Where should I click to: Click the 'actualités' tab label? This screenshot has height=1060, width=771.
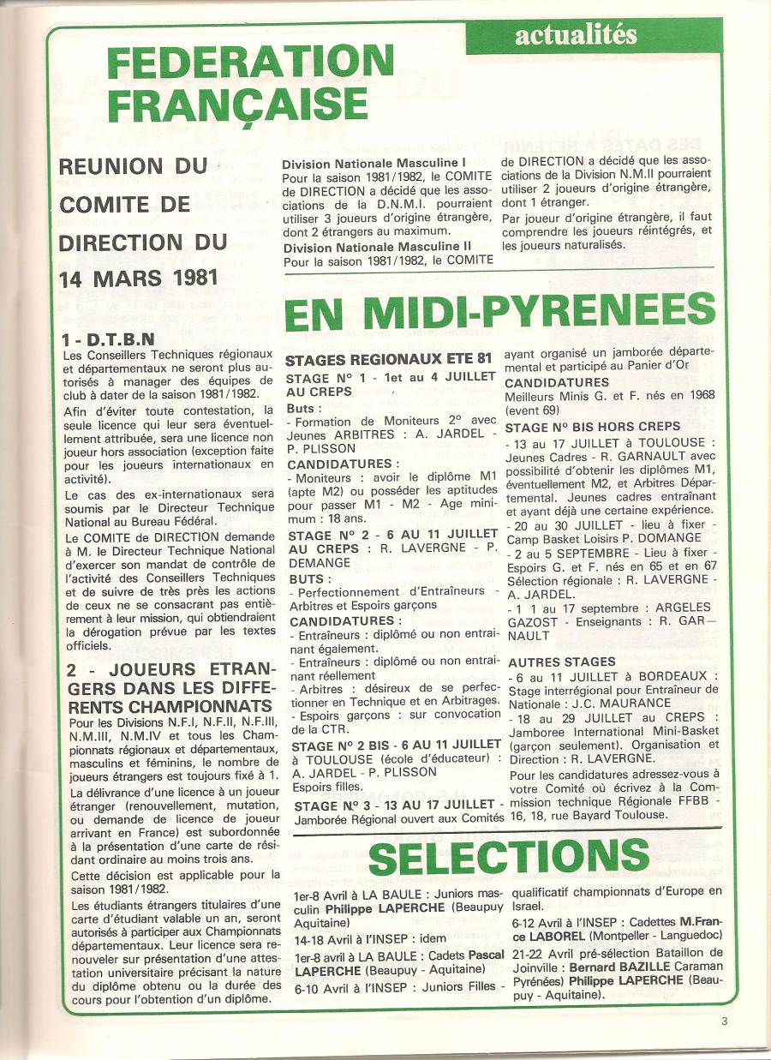(576, 35)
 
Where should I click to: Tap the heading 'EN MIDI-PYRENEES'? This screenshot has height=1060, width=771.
(499, 314)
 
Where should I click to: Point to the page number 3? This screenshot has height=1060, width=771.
(724, 1021)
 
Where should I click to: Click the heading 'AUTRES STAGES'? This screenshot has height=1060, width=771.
(561, 662)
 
